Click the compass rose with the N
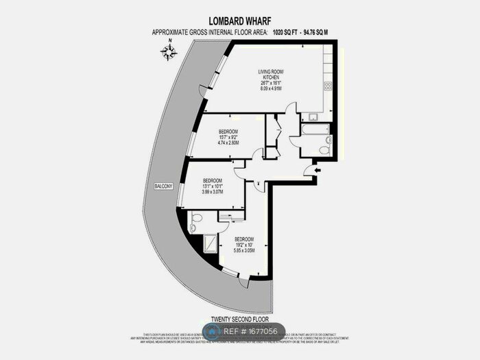169,51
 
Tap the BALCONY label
163,187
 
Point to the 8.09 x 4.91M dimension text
270,88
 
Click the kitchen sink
314,117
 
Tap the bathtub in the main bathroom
315,129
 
